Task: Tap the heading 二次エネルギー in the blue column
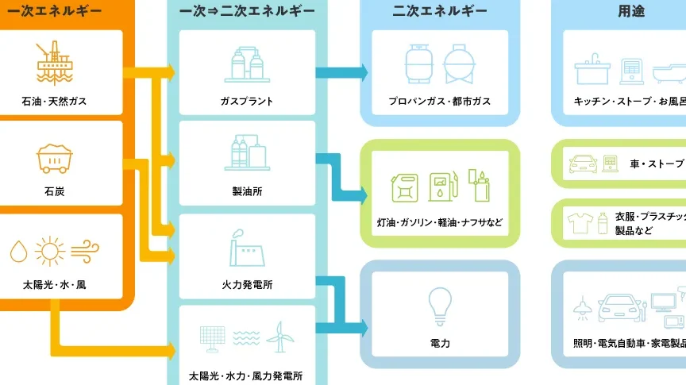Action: (440, 12)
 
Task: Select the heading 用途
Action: (631, 12)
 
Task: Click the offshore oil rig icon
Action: (55, 62)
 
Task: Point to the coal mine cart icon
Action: (55, 157)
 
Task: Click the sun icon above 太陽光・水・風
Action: (49, 252)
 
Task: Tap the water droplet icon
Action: (17, 252)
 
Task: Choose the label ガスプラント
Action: (247, 102)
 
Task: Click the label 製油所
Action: (247, 191)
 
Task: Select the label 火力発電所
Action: (247, 284)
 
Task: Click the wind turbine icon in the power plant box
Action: (279, 337)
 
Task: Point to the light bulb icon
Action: (439, 306)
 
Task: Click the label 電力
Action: (439, 344)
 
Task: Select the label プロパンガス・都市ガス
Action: (439, 102)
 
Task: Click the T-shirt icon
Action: (580, 223)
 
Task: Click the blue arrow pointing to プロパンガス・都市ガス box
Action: (341, 73)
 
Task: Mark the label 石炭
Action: (55, 191)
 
